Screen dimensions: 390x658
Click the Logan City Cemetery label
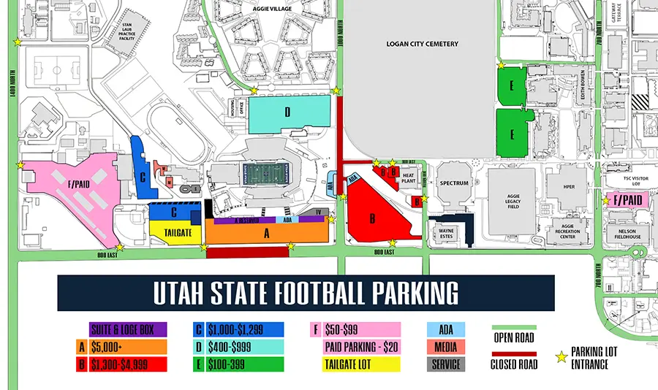423,44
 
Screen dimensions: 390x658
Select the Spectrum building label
453,183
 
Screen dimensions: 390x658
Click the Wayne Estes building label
446,234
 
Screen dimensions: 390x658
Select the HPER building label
570,186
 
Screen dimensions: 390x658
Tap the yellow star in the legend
562,357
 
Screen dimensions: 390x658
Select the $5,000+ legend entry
129,347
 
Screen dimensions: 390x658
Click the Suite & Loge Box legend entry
129,329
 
